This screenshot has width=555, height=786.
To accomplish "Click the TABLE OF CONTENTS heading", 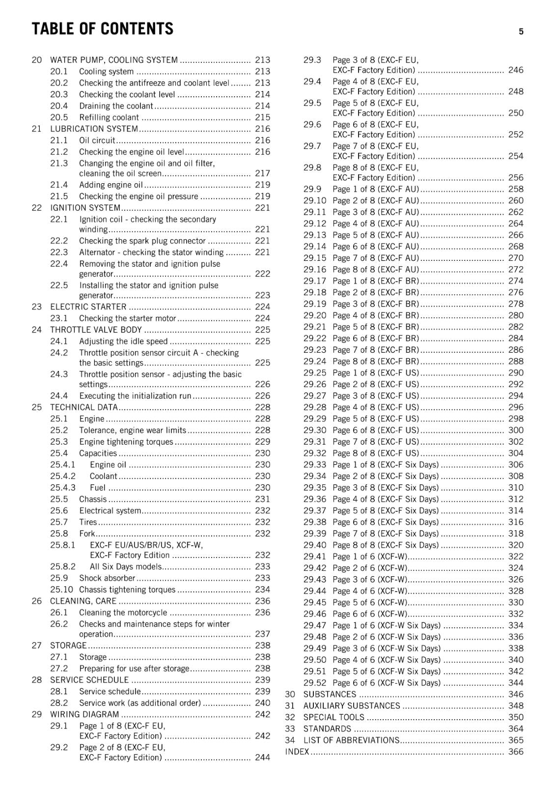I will [102, 29].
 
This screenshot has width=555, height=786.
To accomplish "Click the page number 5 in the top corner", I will [521, 31].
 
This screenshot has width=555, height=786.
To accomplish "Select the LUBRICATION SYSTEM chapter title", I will [94, 129].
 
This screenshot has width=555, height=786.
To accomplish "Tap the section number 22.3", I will [59, 253].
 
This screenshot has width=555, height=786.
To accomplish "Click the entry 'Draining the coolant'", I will [116, 106].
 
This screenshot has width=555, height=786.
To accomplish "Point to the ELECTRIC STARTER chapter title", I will [88, 307].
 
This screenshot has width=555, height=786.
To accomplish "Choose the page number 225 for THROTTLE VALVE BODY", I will [262, 330].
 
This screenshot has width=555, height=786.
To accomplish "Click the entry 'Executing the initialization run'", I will [135, 396].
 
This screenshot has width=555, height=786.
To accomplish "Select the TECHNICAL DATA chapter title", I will [84, 407].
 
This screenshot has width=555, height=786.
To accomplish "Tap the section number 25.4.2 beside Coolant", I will [63, 476].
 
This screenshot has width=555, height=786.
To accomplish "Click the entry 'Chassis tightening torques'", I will [127, 589].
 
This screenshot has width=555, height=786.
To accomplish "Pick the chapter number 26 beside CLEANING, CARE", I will [37, 601].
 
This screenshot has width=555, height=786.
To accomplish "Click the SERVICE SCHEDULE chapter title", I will [89, 680].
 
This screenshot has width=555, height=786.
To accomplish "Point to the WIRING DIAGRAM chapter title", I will [84, 714].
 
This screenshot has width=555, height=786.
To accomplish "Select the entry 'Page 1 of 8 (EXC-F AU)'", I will [376, 189].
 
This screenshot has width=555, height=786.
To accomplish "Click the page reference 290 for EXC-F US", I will [516, 373].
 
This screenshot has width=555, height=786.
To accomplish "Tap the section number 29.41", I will [314, 557].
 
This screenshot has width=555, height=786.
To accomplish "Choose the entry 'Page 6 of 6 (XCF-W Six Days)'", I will [387, 683].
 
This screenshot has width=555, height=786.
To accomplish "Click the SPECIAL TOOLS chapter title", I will [334, 717].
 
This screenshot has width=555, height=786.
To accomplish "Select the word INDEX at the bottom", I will [297, 752].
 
